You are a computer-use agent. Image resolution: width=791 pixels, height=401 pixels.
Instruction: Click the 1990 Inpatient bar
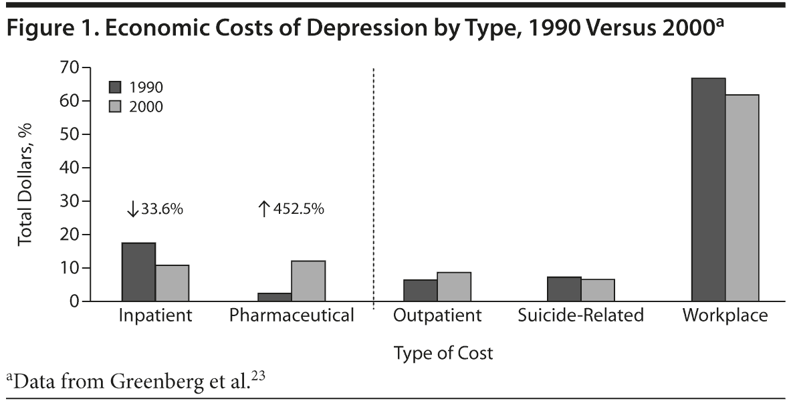[x=138, y=272]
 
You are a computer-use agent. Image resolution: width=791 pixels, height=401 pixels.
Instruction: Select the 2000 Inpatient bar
[x=173, y=283]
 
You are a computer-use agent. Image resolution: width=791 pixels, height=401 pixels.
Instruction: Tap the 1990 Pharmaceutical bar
[x=275, y=297]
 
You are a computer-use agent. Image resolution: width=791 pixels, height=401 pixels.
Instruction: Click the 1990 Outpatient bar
[x=421, y=291]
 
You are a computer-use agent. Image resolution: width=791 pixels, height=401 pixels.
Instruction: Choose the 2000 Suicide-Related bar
[x=598, y=290]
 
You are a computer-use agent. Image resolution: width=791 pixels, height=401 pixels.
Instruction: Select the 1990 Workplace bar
[x=708, y=190]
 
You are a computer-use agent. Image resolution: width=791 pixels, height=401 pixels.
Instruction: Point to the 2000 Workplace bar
[x=742, y=198]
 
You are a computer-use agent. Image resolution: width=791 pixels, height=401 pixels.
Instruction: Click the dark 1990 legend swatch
[x=115, y=87]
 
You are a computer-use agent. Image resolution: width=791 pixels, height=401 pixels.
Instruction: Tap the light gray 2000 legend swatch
[x=115, y=107]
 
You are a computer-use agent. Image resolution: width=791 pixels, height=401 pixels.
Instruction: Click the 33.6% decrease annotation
[x=154, y=209]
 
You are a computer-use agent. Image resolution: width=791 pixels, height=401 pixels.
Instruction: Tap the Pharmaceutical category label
[x=292, y=315]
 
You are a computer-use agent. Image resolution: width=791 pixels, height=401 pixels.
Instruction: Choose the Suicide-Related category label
[x=580, y=315]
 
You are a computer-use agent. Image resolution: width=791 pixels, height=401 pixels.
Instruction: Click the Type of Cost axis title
[x=443, y=353]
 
